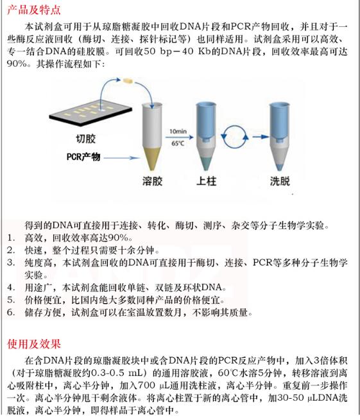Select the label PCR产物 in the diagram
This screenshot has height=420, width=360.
85,157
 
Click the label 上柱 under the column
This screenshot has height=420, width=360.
208,180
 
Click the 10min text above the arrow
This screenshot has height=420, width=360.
178,130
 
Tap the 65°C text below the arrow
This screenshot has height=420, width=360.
178,144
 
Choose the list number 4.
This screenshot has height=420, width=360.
12,286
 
